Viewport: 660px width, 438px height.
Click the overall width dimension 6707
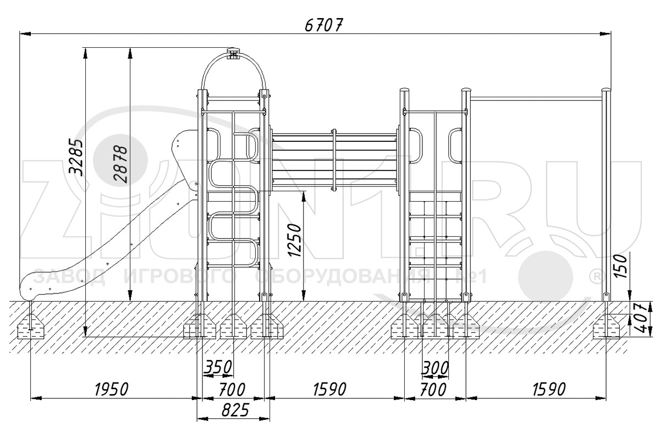tap(324, 25)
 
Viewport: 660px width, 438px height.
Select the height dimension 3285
tap(75, 158)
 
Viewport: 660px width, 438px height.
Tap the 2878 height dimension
tap(120, 164)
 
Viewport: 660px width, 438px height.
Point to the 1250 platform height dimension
tap(294, 240)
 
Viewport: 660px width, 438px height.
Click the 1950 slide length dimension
tap(112, 390)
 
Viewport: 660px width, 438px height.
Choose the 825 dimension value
tap(235, 410)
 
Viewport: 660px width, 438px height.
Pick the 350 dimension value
tap(218, 367)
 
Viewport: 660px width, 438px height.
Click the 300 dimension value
tap(435, 368)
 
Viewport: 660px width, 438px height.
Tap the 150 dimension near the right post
tap(621, 267)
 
